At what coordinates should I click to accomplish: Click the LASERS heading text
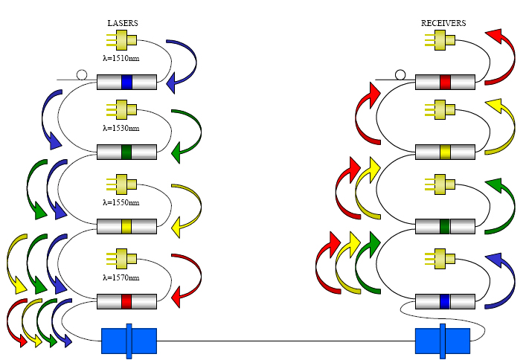pyautogui.click(x=123, y=24)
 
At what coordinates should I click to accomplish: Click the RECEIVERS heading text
pyautogui.click(x=443, y=24)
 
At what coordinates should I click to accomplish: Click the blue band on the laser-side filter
pyautogui.click(x=126, y=82)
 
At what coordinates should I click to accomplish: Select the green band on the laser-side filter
pyautogui.click(x=126, y=152)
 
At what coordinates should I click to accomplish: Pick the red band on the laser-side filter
pyautogui.click(x=126, y=301)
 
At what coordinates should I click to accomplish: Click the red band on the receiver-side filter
pyautogui.click(x=445, y=82)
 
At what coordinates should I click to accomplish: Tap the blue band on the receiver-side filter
pyautogui.click(x=445, y=301)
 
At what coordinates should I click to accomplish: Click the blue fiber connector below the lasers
pyautogui.click(x=129, y=341)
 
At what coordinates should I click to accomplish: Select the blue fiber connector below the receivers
pyautogui.click(x=443, y=341)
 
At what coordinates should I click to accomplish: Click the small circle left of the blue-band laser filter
pyautogui.click(x=82, y=74)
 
